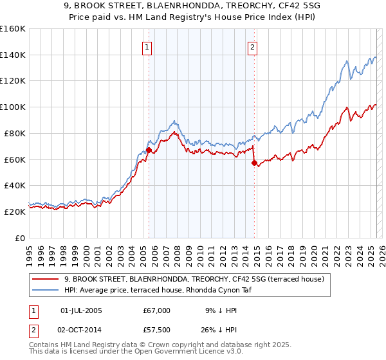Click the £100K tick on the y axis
coord(14,107)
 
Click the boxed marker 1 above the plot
coord(148,47)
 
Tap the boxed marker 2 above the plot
coord(253,47)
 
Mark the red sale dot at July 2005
coord(149,150)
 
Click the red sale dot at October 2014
coord(253,163)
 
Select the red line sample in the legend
coord(46,279)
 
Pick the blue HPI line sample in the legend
coord(46,290)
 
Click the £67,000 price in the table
coord(157,310)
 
